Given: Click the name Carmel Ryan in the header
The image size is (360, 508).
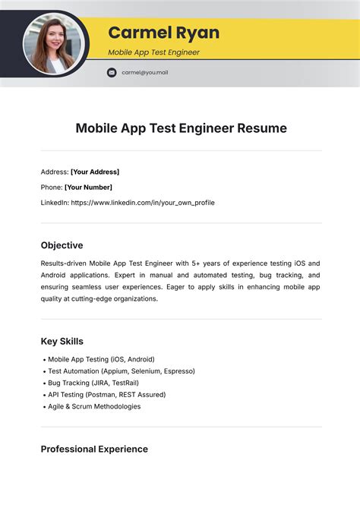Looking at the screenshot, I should click(163, 33).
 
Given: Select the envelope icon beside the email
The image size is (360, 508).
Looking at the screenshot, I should click(112, 72).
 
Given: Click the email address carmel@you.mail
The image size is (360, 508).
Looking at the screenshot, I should click(144, 72).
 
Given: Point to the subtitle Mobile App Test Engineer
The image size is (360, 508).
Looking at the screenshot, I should click(153, 52).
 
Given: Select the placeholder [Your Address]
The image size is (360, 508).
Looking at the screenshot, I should click(95, 172).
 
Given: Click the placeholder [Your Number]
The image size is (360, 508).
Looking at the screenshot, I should click(88, 187).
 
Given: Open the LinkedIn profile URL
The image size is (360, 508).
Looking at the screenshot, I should click(143, 203).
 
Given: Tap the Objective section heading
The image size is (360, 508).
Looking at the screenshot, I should click(62, 245).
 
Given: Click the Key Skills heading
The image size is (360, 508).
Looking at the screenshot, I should click(62, 341).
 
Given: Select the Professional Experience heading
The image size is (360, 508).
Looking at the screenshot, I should click(94, 449).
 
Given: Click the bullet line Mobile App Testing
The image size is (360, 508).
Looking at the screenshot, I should click(100, 359).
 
